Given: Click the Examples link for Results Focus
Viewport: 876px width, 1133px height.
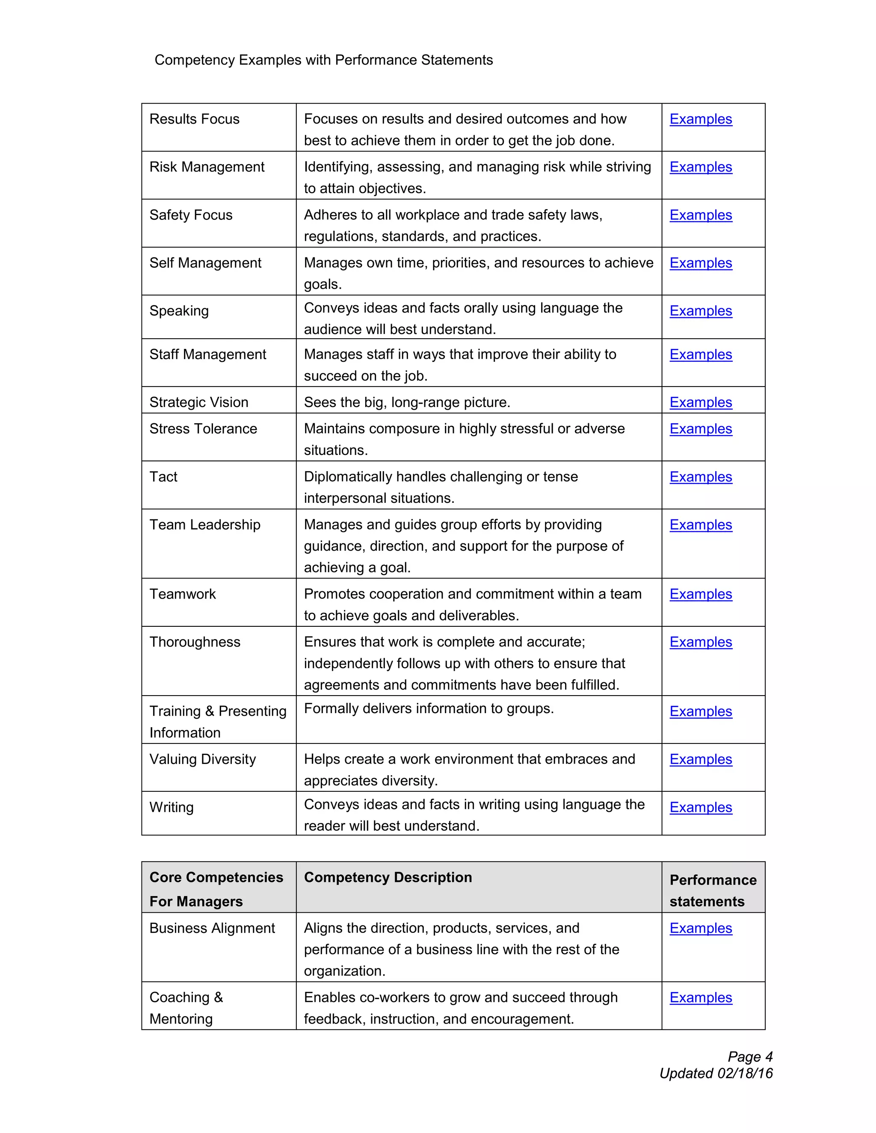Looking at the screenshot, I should pos(700,119).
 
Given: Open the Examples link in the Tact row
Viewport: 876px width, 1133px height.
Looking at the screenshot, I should pos(700,477).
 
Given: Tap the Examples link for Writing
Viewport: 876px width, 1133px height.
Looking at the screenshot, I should pos(700,807).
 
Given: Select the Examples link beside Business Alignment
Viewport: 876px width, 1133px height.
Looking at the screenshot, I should pos(700,928).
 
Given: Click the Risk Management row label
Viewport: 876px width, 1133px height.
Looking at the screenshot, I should pos(207,167).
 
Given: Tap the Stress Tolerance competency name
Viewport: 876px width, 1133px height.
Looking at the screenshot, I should pos(203,428).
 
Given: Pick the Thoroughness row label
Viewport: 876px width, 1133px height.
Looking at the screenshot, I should pos(195,642).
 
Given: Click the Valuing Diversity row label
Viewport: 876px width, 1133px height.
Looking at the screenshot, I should pos(202,759).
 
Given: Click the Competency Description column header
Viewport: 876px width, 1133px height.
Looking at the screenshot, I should pos(388,877).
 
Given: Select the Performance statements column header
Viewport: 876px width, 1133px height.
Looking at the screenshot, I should pos(713,890).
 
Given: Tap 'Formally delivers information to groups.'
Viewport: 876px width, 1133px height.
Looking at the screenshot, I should pos(429,708).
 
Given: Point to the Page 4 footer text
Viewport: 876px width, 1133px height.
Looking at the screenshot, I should pos(750,1057).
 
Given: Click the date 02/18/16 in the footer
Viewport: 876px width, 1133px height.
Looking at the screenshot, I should pos(745,1073).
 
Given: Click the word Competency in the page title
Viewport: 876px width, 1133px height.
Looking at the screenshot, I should pos(195,60).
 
